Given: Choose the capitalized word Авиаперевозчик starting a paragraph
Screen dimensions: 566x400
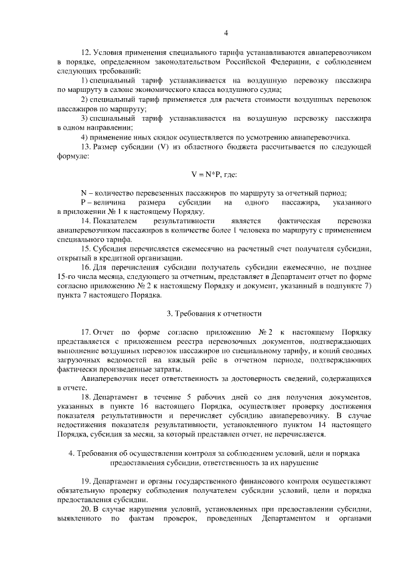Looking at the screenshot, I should point(110,378).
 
